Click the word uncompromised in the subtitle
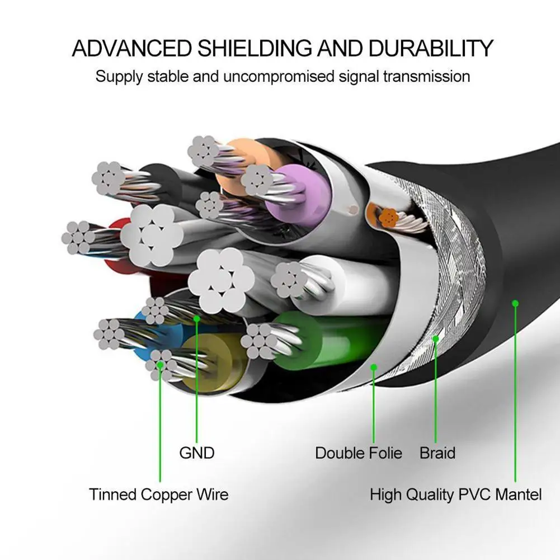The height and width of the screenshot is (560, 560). pyautogui.click(x=279, y=76)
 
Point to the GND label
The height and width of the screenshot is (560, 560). pyautogui.click(x=196, y=453)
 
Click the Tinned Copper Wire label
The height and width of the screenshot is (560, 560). pyautogui.click(x=158, y=495)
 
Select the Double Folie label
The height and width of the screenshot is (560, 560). pyautogui.click(x=359, y=453)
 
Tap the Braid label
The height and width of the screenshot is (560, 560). pyautogui.click(x=437, y=453)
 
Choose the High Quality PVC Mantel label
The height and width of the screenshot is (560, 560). pyautogui.click(x=455, y=495)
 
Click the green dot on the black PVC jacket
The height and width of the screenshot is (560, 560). pyautogui.click(x=515, y=303)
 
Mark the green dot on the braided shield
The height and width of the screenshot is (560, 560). pyautogui.click(x=436, y=338)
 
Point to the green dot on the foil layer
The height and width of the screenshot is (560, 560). pyautogui.click(x=374, y=367)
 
